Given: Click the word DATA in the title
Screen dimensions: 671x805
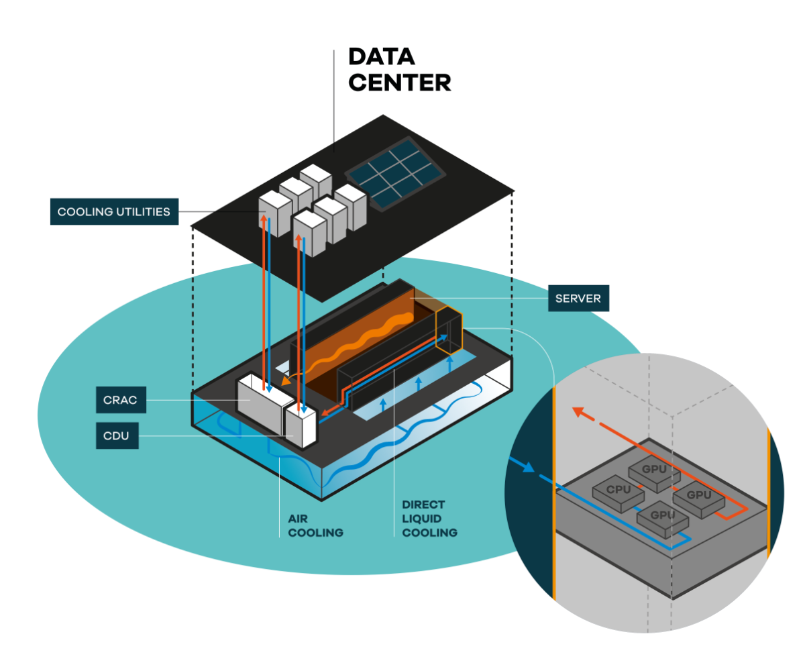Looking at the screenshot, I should point(382,57).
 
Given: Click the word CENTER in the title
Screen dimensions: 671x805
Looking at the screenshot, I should point(400,83).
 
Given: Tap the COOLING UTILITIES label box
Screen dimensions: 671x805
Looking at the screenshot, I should point(113,212).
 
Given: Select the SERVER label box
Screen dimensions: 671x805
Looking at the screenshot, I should point(578,298).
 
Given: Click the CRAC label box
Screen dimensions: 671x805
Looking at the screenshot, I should point(121,400).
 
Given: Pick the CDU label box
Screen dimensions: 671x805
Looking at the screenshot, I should point(117,436).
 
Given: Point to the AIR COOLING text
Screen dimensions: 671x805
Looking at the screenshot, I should point(315,526).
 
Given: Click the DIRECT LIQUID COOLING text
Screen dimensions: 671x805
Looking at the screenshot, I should point(429,519).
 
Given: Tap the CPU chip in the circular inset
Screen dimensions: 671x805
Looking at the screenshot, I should point(618,490).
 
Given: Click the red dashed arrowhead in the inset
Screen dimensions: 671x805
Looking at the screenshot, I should point(577,411).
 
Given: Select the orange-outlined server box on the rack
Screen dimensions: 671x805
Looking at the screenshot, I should point(448,329).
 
